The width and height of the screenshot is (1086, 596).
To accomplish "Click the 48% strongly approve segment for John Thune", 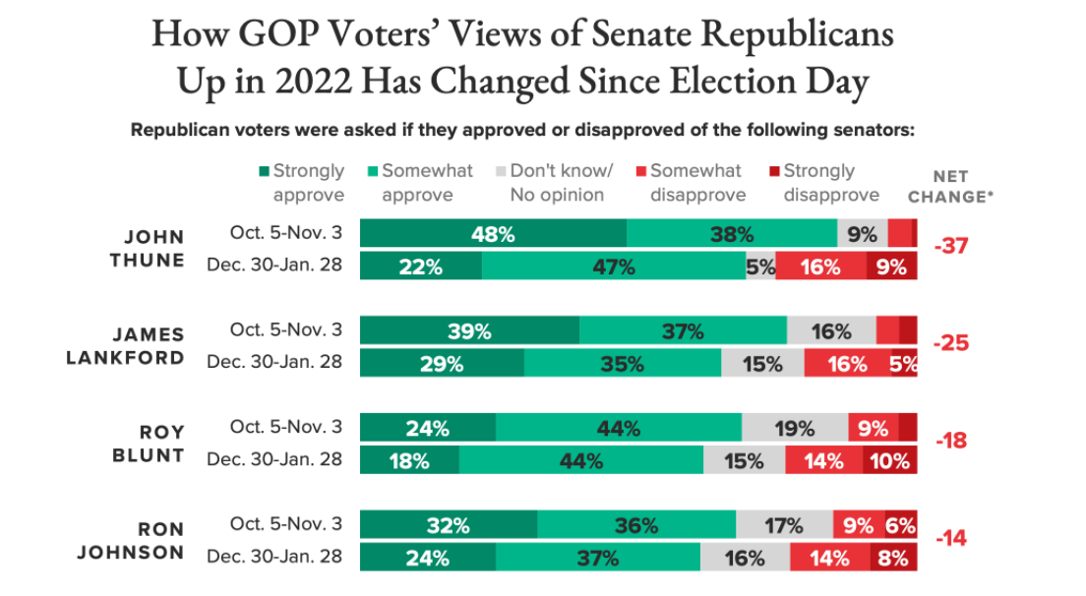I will click(x=493, y=234).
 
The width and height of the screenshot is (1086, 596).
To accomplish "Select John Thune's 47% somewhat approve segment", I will click(x=614, y=267).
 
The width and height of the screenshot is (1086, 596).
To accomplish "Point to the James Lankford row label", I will click(x=125, y=346).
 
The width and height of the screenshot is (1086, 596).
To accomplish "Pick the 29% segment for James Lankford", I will click(x=442, y=364).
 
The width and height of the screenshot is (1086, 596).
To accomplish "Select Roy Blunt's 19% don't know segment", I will click(x=794, y=429).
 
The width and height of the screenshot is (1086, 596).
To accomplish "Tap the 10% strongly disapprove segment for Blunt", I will click(x=889, y=460).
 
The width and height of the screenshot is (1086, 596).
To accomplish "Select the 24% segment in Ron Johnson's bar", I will click(x=428, y=559).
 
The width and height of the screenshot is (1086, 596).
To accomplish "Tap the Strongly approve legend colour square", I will click(x=265, y=171).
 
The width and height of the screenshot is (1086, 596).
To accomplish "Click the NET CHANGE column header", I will click(x=950, y=187).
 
